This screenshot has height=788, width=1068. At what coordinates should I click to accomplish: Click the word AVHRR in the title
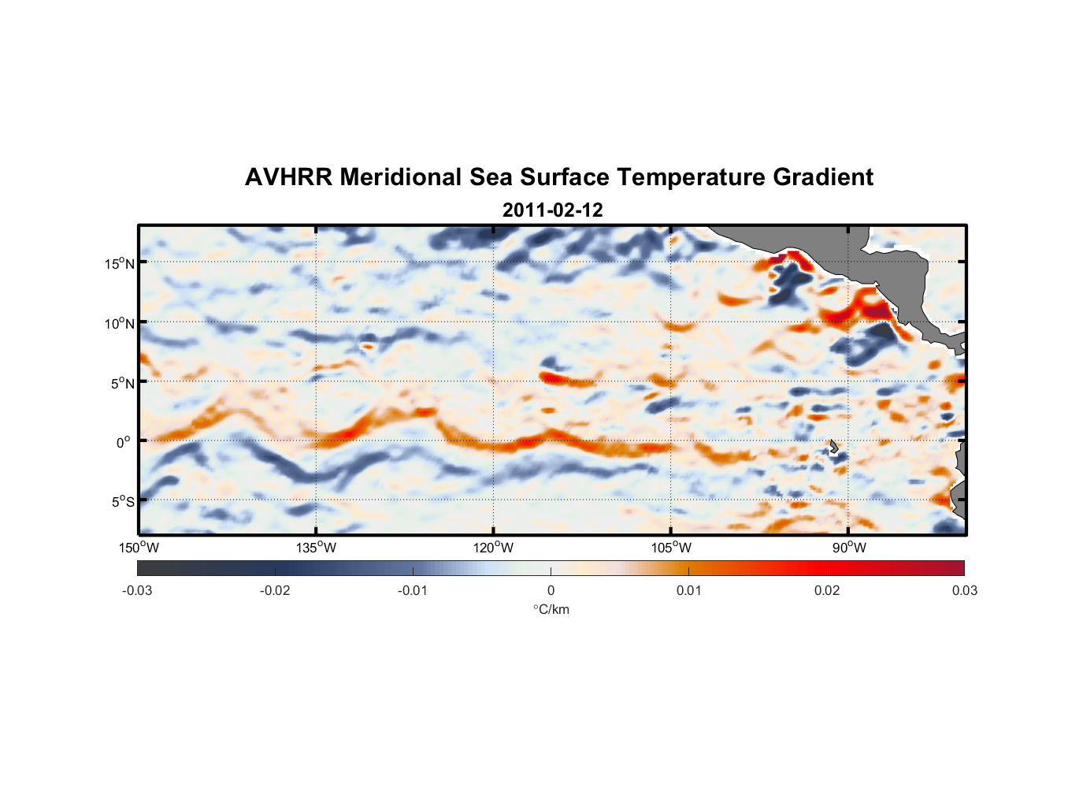pos(288,177)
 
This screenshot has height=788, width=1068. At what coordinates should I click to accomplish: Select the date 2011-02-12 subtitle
pos(552,210)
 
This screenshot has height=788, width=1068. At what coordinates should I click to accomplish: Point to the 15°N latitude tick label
pos(119,263)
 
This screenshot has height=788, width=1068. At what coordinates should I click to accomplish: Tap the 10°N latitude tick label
pos(119,323)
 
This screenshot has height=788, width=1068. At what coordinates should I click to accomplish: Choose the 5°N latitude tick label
pos(122,383)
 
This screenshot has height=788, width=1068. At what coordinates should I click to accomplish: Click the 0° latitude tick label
pos(124,442)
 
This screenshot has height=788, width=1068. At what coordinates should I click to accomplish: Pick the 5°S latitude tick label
pos(122,501)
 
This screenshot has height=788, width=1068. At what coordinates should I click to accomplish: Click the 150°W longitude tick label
pos(139,548)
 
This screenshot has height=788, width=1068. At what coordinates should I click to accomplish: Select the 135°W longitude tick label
pos(316,548)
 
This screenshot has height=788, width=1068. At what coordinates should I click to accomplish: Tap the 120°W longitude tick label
pos(493,548)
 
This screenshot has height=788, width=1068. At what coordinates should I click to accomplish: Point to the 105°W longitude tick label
pos(671,548)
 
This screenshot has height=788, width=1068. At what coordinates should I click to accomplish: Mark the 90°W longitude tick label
pos(849,548)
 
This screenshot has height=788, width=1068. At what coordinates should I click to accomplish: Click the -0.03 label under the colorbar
pos(137,591)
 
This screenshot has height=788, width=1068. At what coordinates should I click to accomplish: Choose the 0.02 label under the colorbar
pos(827,591)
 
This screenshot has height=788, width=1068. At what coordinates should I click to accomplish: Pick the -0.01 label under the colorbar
pos(413,591)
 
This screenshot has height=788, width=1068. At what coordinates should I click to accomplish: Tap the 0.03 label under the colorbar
pos(964,591)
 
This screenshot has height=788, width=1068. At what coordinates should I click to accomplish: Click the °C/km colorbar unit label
pos(551,609)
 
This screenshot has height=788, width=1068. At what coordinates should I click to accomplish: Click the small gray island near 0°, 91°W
pos(833,446)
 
